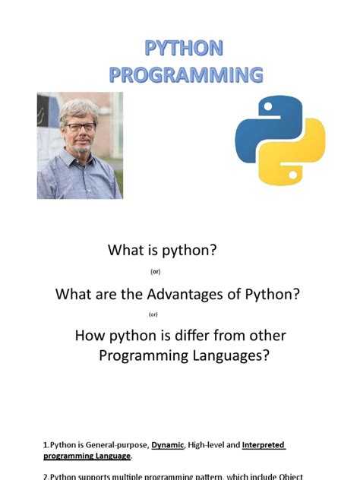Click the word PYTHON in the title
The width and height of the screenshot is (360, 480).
[185, 49]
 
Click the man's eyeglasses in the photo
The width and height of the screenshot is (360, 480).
[80, 127]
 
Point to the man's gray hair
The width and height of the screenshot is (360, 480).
[80, 107]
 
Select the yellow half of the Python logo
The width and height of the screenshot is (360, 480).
[285, 161]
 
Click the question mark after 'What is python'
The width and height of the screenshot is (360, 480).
[215, 249]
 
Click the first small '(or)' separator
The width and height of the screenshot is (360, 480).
[155, 271]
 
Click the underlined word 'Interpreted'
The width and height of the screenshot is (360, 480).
[264, 445]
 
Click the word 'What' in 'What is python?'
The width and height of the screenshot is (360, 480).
[125, 249]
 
